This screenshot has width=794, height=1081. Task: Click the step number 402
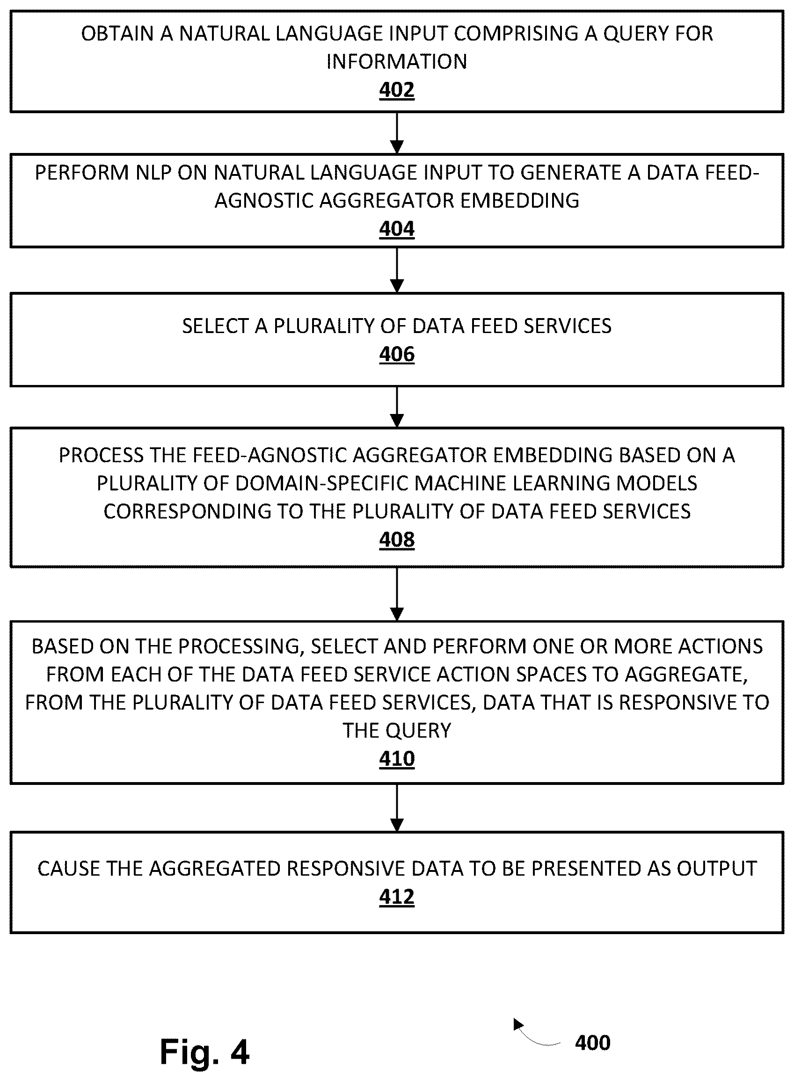coord(396,90)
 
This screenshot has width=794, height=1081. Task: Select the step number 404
coord(396,229)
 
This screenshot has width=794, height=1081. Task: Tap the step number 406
coord(396,354)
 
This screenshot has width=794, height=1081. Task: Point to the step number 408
coord(396,539)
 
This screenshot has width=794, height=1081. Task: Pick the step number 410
coord(396,759)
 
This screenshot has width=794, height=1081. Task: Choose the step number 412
coord(396,897)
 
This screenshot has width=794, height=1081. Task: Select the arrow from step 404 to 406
coord(397,270)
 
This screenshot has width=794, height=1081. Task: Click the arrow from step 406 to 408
coord(397,407)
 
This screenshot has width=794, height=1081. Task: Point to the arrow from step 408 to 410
coord(397,595)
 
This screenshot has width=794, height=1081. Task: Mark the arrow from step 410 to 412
coord(397,808)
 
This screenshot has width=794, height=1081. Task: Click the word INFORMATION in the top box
coord(396,61)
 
